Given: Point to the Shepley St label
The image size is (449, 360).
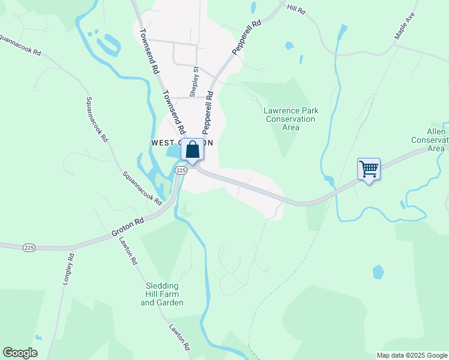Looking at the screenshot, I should [x=194, y=82].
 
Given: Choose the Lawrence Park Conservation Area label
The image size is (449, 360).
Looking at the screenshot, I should [x=291, y=119].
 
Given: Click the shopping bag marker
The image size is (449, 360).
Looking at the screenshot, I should [x=192, y=150].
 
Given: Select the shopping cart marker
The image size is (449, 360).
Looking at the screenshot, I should [x=369, y=169].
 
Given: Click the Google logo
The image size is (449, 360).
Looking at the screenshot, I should [x=20, y=353].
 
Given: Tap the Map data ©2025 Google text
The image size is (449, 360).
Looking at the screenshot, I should [x=412, y=355].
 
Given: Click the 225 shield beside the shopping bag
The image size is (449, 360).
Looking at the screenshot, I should [x=180, y=171].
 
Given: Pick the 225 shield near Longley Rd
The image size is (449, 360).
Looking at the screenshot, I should [x=28, y=247].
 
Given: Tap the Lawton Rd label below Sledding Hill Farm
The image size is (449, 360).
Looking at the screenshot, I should [x=180, y=338].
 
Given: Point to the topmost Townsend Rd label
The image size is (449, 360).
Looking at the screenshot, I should [x=149, y=52].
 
